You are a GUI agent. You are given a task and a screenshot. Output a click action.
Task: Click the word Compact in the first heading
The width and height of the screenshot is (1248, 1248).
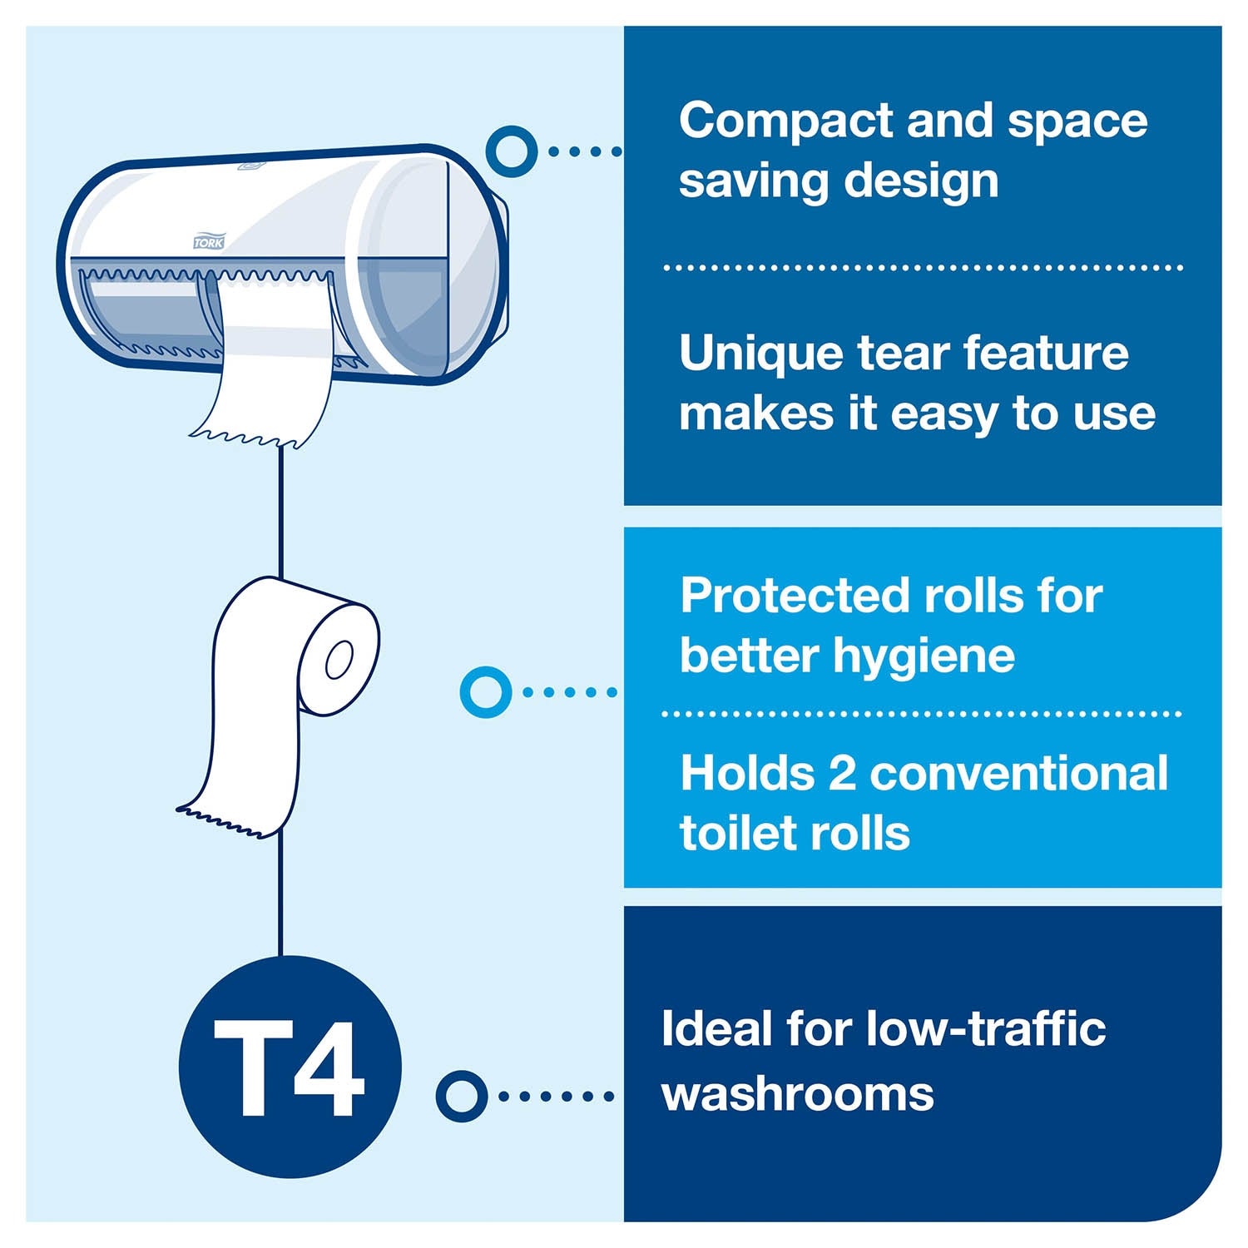[785, 121]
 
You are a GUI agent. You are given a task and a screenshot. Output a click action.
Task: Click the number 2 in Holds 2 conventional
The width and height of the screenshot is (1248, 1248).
[842, 774]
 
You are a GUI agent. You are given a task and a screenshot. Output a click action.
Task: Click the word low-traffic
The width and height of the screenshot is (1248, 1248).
[986, 1029]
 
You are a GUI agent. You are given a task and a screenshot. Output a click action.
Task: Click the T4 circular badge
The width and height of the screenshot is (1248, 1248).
[290, 1067]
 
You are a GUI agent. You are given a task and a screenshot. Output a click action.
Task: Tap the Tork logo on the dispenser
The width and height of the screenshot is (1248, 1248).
[209, 242]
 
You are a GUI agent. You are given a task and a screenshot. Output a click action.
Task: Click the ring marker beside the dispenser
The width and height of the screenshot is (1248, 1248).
[511, 151]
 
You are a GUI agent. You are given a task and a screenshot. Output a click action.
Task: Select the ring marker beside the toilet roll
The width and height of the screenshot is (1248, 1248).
[485, 691]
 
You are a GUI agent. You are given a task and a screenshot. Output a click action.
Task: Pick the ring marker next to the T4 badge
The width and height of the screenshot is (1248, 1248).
[461, 1096]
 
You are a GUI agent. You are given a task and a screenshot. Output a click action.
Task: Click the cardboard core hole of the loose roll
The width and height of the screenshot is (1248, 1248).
[339, 660]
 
